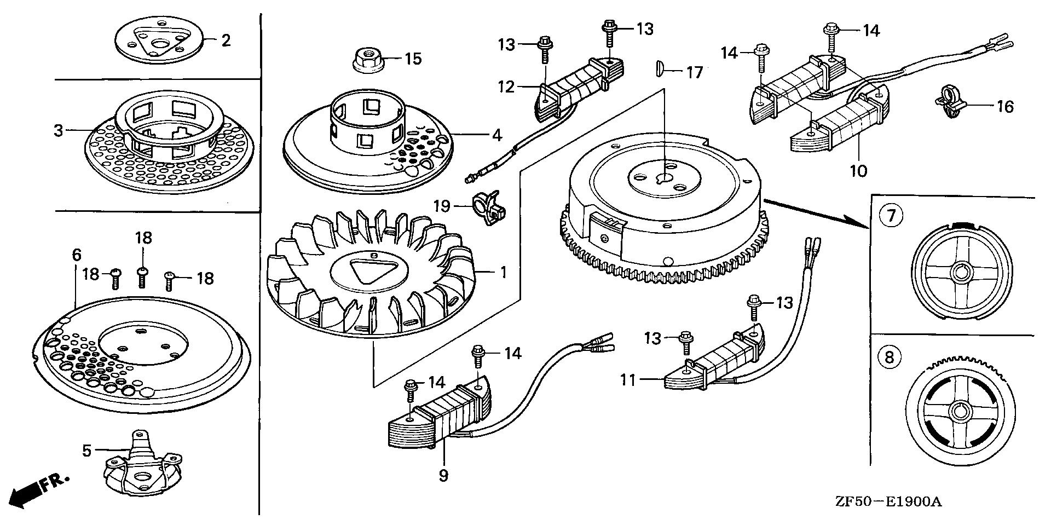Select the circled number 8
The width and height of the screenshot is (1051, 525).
pyautogui.click(x=889, y=358)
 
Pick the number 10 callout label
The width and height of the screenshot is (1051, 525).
pyautogui.click(x=858, y=171)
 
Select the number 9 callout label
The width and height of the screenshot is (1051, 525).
pyautogui.click(x=443, y=476)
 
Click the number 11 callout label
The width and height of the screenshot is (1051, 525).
pyautogui.click(x=628, y=379)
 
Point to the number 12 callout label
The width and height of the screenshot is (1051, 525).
pyautogui.click(x=506, y=86)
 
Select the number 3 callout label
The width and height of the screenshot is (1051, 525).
pyautogui.click(x=59, y=131)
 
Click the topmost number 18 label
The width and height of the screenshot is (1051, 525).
pyautogui.click(x=143, y=238)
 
